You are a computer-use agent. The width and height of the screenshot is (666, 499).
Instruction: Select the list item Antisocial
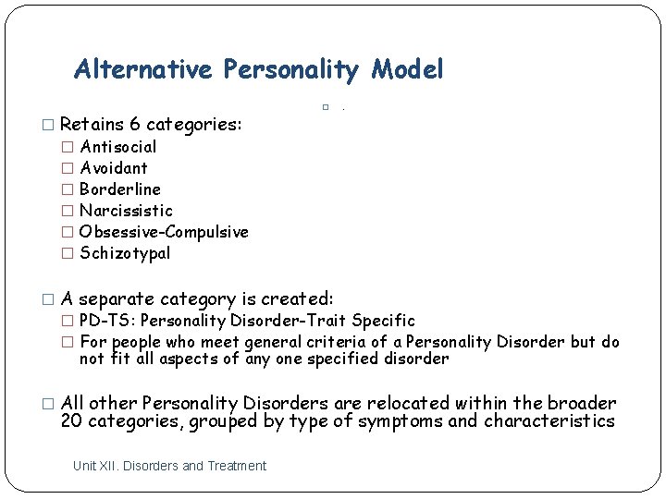[x=118, y=146]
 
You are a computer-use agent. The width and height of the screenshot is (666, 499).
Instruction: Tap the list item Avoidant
[x=114, y=167]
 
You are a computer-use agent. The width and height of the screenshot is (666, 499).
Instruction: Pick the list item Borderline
[x=120, y=189]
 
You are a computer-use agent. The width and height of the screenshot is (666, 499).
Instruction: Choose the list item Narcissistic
[x=126, y=211]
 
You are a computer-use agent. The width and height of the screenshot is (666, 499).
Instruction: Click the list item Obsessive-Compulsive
[x=164, y=232]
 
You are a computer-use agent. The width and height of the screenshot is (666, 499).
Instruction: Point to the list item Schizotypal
[x=125, y=253]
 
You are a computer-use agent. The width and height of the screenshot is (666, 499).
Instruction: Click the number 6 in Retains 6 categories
[x=135, y=124]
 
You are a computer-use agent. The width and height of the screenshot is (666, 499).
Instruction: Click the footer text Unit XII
[x=94, y=466]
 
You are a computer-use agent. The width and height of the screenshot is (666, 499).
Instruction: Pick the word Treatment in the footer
[x=238, y=466]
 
